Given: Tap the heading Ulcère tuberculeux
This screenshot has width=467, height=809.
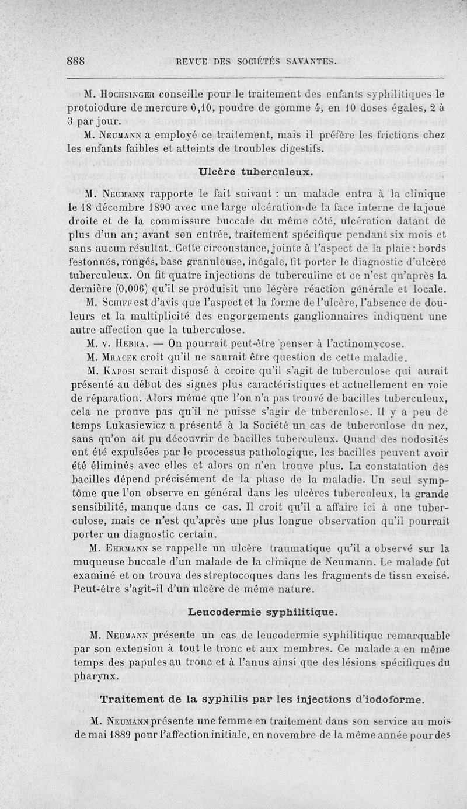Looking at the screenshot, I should [257, 172].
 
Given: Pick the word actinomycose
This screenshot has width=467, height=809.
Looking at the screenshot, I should [357, 343].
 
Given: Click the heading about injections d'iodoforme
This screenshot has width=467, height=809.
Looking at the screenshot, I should [262, 699].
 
